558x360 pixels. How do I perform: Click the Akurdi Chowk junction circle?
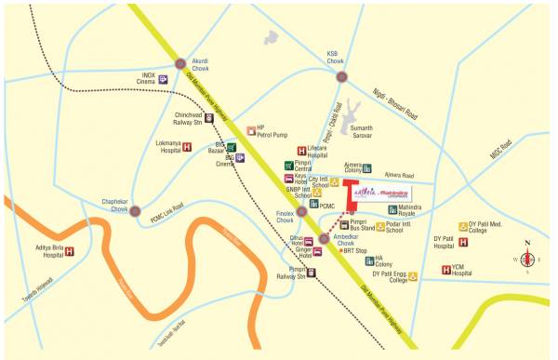[x=180, y=63]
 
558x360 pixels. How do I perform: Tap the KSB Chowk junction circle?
[x=342, y=76]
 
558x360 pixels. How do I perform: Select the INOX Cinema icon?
[x=163, y=79]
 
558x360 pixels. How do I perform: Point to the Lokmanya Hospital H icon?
[x=186, y=146]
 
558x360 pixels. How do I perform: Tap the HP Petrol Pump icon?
[x=250, y=130]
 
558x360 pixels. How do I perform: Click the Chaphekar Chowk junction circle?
[x=137, y=211]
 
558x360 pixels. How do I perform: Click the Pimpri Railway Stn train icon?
[x=312, y=273]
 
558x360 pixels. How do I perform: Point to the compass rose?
[x=526, y=260]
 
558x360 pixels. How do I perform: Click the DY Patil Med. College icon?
[x=460, y=226]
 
